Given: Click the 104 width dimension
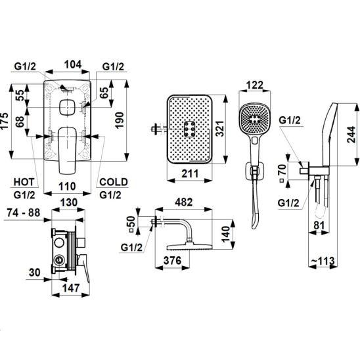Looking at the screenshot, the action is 73,64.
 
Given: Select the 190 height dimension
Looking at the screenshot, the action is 119,120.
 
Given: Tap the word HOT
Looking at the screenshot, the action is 24,182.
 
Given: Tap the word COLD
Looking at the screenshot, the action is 114,182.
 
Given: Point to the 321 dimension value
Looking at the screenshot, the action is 219,129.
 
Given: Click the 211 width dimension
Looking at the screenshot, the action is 190,173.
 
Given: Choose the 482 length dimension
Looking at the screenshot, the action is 184,202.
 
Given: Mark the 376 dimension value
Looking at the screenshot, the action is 172,261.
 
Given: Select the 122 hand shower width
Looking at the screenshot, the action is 255,85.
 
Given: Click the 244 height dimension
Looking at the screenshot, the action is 351,135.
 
